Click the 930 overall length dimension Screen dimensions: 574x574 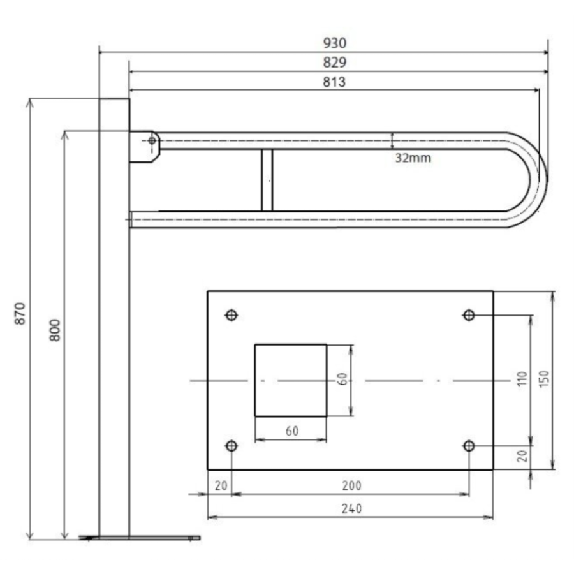[335, 43]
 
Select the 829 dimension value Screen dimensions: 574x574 [335, 63]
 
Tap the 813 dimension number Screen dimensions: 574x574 [334, 82]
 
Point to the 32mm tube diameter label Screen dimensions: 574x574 [413, 158]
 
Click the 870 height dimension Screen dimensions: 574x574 [20, 313]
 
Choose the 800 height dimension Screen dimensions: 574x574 [55, 330]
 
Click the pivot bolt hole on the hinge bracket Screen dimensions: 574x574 [152, 140]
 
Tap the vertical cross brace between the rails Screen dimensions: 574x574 [267, 180]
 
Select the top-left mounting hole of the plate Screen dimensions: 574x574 [232, 315]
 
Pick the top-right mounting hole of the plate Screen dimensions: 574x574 [469, 315]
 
